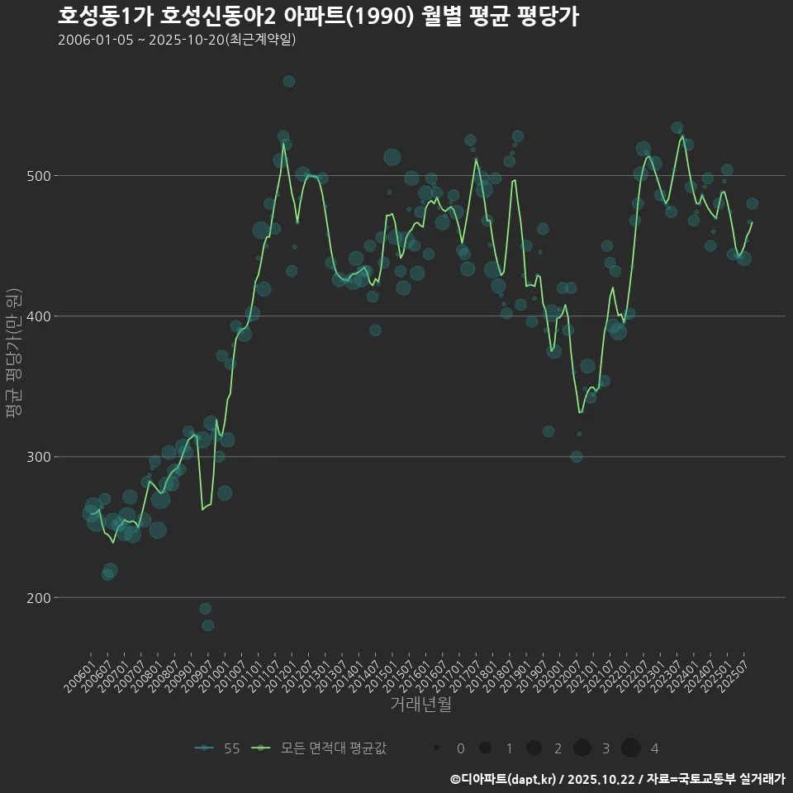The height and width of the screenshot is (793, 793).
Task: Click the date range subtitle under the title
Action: click(177, 40)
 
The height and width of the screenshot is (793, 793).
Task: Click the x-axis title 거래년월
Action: click(420, 705)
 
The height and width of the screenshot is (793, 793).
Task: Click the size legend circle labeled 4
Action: click(631, 748)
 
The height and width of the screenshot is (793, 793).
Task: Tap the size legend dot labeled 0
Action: click(435, 748)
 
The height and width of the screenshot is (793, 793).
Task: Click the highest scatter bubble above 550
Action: click(288, 81)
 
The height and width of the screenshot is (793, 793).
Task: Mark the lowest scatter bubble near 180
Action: click(208, 625)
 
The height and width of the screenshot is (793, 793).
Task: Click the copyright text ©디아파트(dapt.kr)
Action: click(503, 779)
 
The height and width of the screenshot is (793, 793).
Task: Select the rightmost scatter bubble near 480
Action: click(752, 204)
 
